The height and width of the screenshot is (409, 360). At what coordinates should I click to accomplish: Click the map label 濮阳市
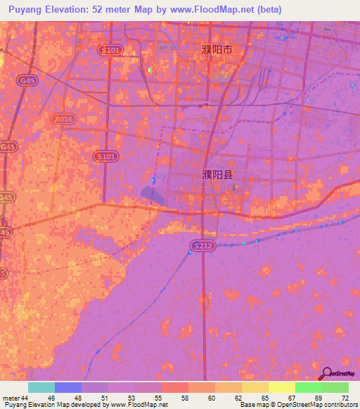[x=216, y=51]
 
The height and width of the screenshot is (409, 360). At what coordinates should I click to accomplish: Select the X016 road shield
[x=63, y=119]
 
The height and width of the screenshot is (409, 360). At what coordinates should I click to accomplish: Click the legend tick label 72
[x=345, y=398]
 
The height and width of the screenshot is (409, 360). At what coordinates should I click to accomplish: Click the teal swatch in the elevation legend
[x=41, y=387]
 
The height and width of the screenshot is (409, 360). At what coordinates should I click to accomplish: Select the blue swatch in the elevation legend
[x=67, y=387]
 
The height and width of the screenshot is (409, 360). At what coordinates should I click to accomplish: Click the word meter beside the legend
[x=10, y=398]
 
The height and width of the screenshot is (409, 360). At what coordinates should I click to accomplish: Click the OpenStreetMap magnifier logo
[x=328, y=374]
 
